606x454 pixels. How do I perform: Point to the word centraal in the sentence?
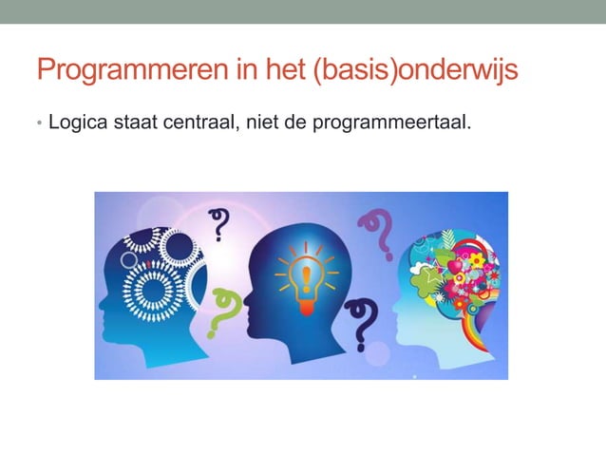tap(197, 122)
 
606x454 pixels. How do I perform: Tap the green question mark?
tap(220, 312)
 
